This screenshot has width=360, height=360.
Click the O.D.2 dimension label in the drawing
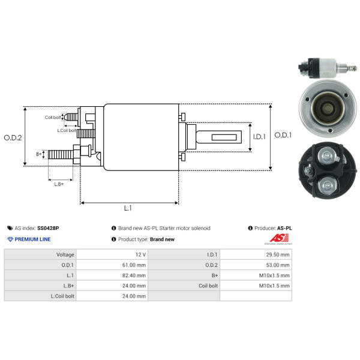13,138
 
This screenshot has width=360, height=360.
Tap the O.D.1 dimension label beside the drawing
283,135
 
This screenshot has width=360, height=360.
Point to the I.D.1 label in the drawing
259,137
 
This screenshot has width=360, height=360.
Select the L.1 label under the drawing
128,208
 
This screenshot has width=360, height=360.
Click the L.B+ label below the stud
59,184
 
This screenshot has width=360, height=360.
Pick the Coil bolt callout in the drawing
53,118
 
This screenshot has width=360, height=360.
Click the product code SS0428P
48,228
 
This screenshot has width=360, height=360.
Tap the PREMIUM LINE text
32,239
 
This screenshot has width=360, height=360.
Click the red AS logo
279,238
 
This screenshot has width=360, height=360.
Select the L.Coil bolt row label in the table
62,296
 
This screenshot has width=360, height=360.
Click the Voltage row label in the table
65,254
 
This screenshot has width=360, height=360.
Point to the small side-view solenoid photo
328,68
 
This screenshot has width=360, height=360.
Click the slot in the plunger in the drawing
224,137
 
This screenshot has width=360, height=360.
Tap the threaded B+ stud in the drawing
61,155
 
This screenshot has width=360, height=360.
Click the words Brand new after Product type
163,239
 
